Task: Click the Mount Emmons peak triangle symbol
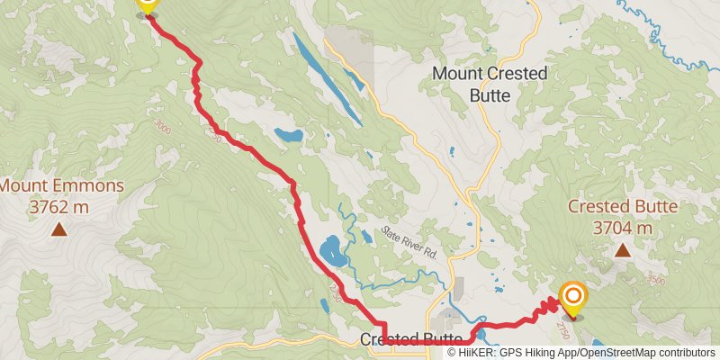click(58, 229)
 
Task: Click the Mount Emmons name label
click(60, 187)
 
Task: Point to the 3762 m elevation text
click(58, 208)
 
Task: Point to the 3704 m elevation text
click(622, 228)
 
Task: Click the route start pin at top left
click(147, 7)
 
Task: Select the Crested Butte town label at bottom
click(410, 339)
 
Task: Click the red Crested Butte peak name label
click(622, 207)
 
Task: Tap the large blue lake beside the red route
click(330, 250)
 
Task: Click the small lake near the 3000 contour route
click(289, 136)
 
